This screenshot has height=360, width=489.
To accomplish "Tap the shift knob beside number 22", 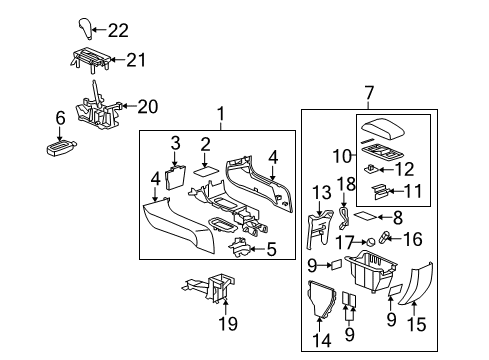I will [x=87, y=28].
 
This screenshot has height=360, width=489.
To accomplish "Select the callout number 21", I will [x=137, y=60].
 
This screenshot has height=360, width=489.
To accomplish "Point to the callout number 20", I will [x=148, y=106].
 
